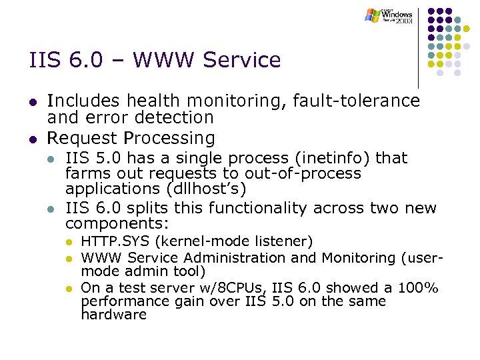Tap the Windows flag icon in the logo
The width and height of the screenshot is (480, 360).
click(373, 15)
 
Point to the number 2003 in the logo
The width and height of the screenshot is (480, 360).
click(403, 21)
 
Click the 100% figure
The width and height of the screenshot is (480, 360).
click(418, 288)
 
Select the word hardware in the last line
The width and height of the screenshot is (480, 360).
click(113, 315)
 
